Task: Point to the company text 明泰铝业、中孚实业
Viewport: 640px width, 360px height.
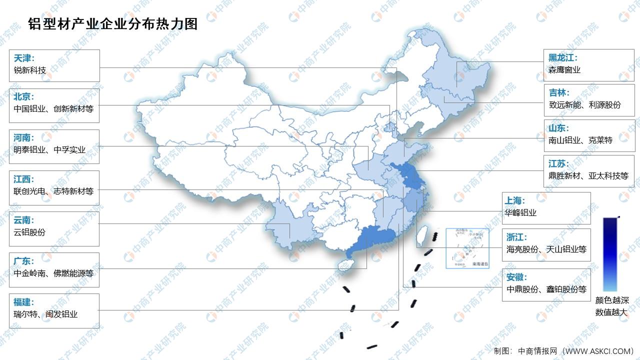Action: click(x=49, y=149)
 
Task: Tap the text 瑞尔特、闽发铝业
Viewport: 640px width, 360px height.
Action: click(x=45, y=314)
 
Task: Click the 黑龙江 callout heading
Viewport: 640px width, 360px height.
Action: click(x=562, y=57)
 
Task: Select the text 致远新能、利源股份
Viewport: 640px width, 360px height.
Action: click(x=584, y=105)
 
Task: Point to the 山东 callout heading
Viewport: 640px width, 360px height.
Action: click(x=558, y=128)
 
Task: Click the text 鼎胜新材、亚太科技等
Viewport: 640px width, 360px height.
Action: click(x=588, y=176)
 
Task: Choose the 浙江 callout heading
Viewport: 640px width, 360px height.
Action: click(x=516, y=237)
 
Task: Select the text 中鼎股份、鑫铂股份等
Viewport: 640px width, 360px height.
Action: click(x=546, y=289)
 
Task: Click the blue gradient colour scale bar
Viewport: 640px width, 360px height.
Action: click(x=610, y=254)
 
